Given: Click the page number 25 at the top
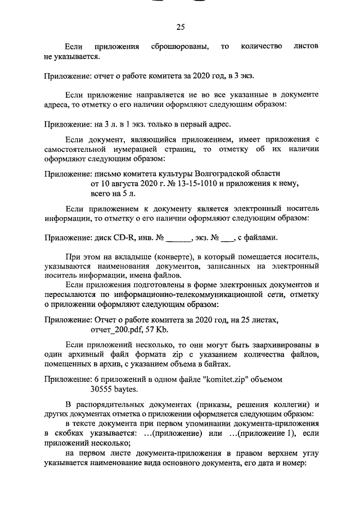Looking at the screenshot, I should click(x=180, y=26).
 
